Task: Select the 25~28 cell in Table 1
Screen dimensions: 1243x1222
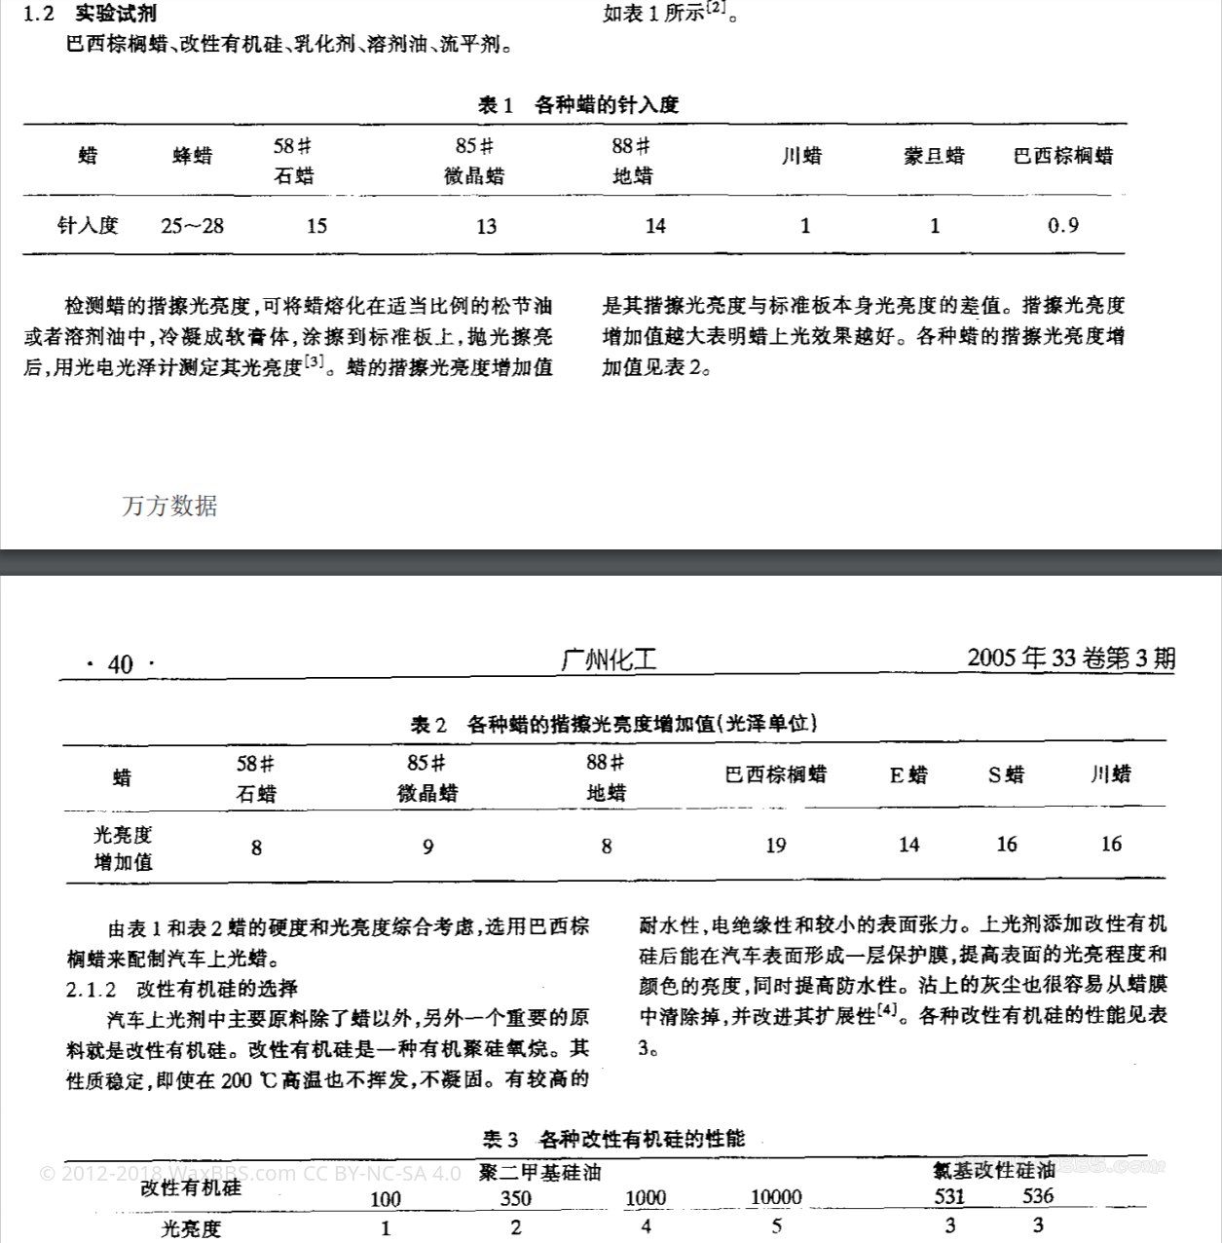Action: (192, 226)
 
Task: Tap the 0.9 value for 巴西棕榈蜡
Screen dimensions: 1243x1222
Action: (1062, 226)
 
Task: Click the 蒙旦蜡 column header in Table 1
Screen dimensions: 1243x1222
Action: (933, 156)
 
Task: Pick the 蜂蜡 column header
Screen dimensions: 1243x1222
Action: (192, 156)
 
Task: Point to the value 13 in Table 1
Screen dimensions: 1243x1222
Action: (486, 227)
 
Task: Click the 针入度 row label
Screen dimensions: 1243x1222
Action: (88, 226)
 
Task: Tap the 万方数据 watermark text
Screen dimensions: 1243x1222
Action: (169, 506)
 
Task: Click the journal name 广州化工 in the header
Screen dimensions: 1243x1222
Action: (610, 660)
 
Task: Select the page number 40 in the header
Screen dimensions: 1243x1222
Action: (121, 664)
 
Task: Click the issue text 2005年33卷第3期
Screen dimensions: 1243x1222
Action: (1071, 659)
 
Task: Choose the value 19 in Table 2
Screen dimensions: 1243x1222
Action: (775, 846)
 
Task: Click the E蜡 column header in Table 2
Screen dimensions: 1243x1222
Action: (908, 775)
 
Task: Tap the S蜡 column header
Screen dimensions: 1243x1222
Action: (1006, 775)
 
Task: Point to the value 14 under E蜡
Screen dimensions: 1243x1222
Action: (908, 845)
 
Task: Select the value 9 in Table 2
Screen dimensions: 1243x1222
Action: (427, 847)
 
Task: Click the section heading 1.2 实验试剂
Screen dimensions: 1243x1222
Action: (90, 14)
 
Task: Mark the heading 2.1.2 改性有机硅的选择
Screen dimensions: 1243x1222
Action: (182, 989)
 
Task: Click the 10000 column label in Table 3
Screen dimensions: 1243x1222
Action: (776, 1197)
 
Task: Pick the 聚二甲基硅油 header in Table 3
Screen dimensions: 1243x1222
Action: (539, 1172)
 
